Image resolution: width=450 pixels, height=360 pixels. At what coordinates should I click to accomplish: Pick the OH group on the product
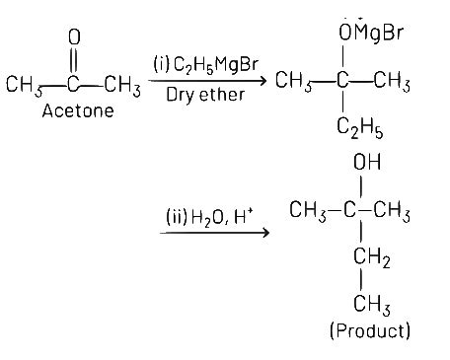(366, 162)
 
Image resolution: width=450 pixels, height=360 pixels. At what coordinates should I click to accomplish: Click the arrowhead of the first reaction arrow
(263, 82)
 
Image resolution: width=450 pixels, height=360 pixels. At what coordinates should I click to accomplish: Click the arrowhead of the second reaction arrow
(263, 234)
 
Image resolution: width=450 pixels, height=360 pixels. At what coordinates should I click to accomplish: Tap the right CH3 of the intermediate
(392, 81)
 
